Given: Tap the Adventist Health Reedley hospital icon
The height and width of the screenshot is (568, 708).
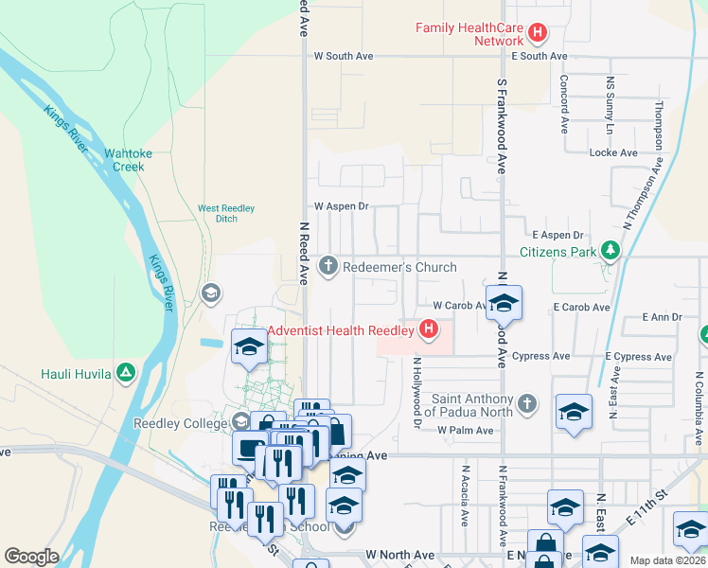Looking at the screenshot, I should click(429, 329).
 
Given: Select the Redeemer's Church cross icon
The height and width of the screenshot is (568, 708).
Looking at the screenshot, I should click(328, 266).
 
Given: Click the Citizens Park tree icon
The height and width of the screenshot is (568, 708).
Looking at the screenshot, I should click(611, 251).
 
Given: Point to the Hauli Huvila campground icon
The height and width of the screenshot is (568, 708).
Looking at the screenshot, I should click(125, 373).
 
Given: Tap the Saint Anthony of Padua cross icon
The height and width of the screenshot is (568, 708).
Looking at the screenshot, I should click(528, 405).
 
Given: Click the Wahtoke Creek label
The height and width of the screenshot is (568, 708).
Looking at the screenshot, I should click(128, 159).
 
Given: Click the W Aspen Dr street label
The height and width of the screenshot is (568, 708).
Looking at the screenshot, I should click(341, 205).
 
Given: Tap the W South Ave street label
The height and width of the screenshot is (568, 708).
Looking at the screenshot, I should click(344, 56).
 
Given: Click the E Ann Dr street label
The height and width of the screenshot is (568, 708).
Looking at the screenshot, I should click(662, 317).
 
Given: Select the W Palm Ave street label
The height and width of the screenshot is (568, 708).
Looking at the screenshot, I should click(466, 430).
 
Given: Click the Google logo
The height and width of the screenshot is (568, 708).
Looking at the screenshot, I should click(31, 557).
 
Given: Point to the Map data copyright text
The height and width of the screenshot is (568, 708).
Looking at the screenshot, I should click(668, 560).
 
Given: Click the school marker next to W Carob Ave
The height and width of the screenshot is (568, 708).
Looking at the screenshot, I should click(504, 305).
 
